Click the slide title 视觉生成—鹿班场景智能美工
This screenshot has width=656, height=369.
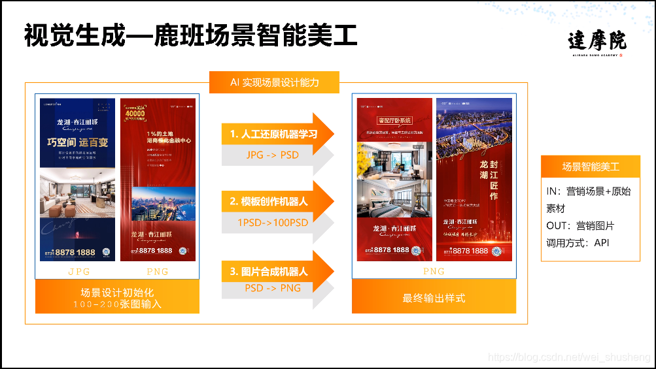[x=190, y=35]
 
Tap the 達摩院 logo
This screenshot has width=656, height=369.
[x=596, y=44]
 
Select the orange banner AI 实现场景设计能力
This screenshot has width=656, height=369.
[x=274, y=82]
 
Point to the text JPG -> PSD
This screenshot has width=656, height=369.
[x=273, y=155]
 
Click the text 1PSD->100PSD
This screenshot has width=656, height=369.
[x=273, y=222]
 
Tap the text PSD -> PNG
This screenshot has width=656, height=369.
[x=273, y=288]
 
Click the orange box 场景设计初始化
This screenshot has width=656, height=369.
[x=117, y=297]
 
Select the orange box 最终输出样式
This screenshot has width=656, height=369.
[x=434, y=298]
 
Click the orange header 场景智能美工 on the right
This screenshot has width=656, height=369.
[x=591, y=167]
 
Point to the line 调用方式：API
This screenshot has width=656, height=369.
[x=578, y=243]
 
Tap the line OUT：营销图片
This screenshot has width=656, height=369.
[x=580, y=226]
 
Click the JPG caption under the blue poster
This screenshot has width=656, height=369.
[x=78, y=271]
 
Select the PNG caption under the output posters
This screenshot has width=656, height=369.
[x=434, y=271]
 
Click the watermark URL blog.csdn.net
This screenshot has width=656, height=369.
[x=570, y=357]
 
